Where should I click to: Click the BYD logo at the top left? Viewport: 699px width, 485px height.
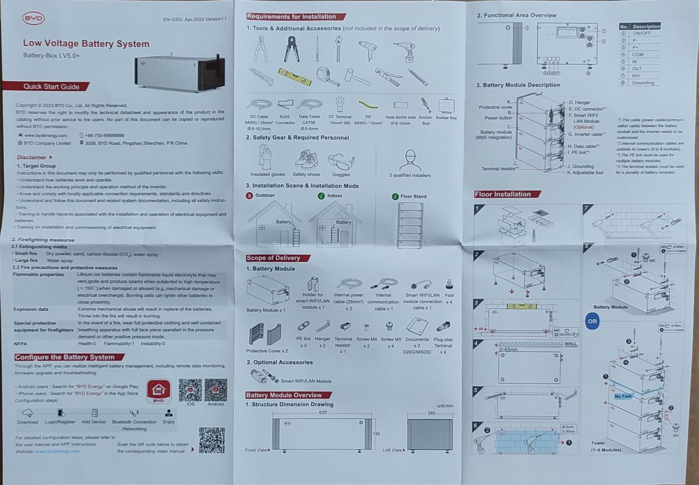coord(33,19)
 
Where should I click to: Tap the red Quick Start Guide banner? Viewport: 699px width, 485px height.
coord(50,86)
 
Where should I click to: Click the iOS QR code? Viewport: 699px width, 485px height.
coord(190,390)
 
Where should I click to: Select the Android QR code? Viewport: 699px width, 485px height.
coord(216,390)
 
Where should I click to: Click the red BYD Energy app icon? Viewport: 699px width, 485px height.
coord(158,391)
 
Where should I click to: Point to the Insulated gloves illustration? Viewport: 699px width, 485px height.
coord(267,159)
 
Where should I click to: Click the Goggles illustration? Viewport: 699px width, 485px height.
coord(341,161)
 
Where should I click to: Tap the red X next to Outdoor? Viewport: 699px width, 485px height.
coord(250,195)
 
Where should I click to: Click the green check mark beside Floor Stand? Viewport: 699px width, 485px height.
coord(395,196)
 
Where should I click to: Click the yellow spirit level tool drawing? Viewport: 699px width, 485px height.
coord(294,76)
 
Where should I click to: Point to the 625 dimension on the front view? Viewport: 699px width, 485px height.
coord(323,413)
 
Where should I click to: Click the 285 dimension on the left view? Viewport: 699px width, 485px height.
coord(431,413)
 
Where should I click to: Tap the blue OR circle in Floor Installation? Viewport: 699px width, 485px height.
coord(593,321)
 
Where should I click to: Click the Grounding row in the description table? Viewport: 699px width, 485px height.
coord(643,83)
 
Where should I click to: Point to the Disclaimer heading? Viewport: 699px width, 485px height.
coord(32,157)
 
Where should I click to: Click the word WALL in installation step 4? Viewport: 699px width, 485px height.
coord(570,344)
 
